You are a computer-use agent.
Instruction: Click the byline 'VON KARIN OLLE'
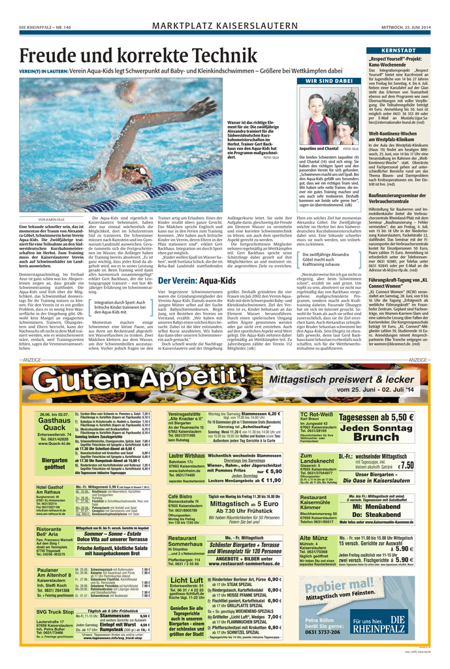(54, 220)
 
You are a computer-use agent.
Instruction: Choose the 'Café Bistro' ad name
(184, 497)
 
